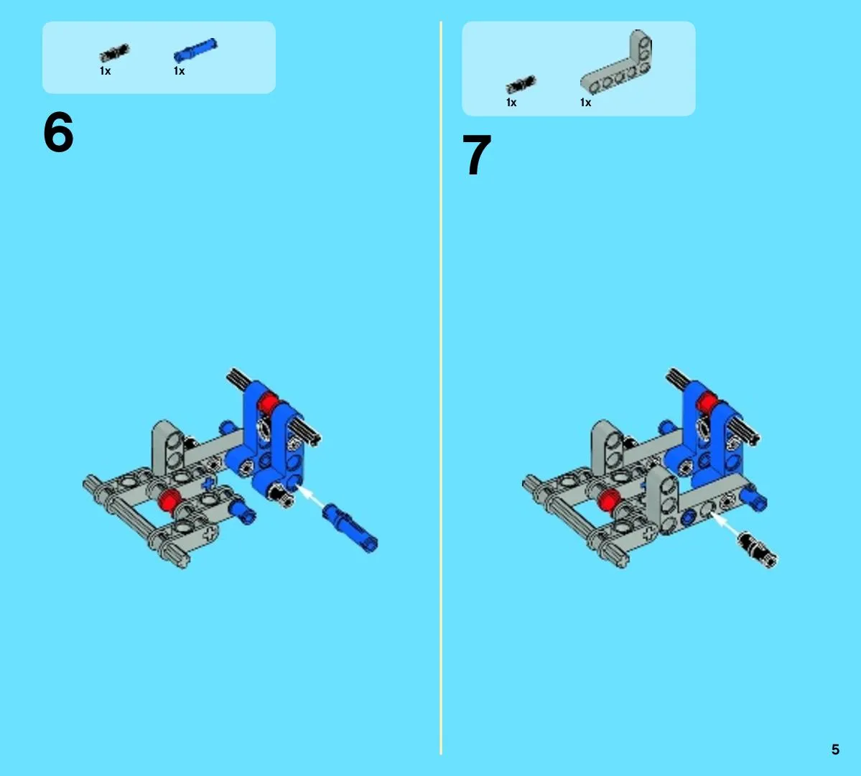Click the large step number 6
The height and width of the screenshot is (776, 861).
(x=58, y=132)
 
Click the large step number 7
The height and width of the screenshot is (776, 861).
(x=477, y=155)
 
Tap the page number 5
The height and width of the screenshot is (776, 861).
(x=835, y=749)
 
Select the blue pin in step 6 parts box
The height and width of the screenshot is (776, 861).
(x=195, y=50)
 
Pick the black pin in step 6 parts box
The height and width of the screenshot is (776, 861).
(x=114, y=52)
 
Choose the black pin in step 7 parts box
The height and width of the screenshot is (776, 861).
(x=521, y=85)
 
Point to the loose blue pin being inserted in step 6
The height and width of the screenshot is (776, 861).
(x=350, y=528)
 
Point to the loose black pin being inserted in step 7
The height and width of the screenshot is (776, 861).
(x=758, y=549)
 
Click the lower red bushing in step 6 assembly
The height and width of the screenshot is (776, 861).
(x=169, y=500)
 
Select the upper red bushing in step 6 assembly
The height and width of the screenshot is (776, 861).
(x=267, y=403)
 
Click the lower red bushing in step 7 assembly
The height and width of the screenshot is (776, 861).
(x=608, y=500)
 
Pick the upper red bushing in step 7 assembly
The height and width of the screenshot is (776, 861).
(x=707, y=403)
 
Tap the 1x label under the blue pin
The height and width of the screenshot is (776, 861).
(x=179, y=71)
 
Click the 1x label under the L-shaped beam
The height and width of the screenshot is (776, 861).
(x=585, y=103)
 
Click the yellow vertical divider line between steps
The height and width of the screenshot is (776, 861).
(x=440, y=388)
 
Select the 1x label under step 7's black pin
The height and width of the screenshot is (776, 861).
(x=511, y=103)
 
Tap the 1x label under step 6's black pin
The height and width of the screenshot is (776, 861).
(x=105, y=71)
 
